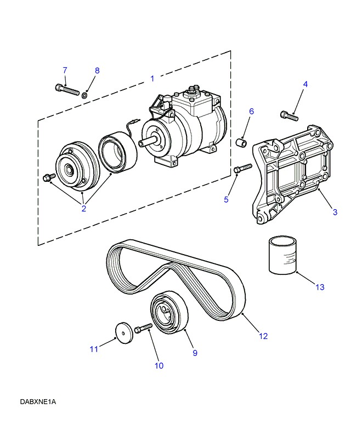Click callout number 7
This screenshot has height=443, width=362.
point(65,70)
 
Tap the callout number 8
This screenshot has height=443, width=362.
point(98,71)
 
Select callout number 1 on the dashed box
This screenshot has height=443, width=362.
point(152,79)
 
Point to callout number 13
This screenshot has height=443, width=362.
point(320,287)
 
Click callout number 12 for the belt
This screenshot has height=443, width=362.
point(263,336)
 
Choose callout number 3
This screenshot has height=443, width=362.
point(335,212)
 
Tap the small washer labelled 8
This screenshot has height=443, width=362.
point(85,95)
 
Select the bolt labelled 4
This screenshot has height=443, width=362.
point(289,115)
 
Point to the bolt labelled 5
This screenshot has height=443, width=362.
point(242,168)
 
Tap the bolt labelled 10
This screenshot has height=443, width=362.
point(143,328)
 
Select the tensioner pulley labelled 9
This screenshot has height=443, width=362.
point(168,313)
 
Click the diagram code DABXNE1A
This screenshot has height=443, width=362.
point(38,402)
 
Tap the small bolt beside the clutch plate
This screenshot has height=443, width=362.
point(47,177)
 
